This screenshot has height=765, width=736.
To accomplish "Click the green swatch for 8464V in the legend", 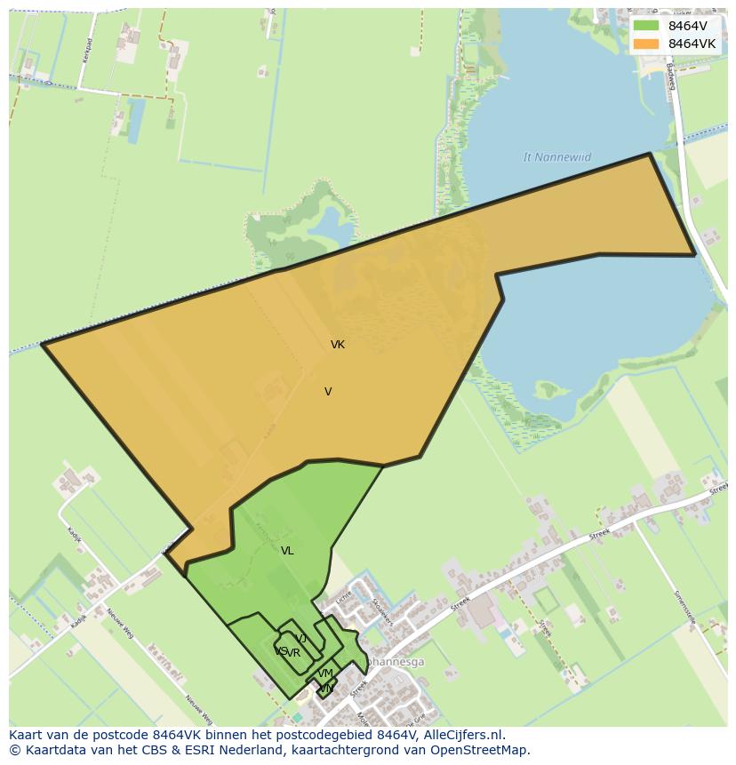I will pos(646,26).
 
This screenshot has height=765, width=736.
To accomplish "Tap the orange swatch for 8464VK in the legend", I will pos(646,44).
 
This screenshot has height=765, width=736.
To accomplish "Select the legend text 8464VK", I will pos(692,44).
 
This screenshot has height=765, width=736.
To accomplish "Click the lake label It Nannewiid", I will pos(557,157).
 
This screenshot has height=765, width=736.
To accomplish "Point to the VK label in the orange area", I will pos(338,345).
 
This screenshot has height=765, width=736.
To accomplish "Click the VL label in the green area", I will pos(287,551).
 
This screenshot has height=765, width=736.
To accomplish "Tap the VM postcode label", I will pos(325,673).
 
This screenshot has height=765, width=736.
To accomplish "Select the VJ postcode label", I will pos(301,639).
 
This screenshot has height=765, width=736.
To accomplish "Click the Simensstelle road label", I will pos(684,612).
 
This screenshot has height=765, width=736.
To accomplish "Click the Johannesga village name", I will pos(395,662).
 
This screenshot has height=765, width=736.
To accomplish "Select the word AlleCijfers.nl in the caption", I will pos(462,735).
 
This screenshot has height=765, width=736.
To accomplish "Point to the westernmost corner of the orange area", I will pos(43,344).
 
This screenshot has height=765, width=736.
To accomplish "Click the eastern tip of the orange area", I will pos(694,255).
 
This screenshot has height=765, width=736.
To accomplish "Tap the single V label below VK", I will pos(328,392).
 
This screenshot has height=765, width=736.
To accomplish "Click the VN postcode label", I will pos(326,689).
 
